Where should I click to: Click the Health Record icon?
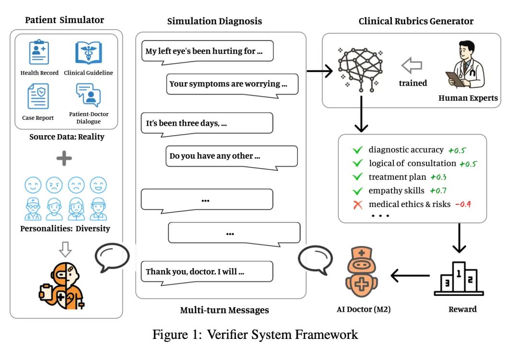click(x=39, y=53)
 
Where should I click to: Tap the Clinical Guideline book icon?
click(x=88, y=53)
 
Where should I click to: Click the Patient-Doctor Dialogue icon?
click(x=88, y=95)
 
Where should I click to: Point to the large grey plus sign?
click(x=64, y=158)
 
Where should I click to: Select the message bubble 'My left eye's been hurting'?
click(x=207, y=51)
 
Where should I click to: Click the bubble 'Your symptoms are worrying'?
click(x=232, y=83)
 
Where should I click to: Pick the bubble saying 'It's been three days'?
click(x=207, y=123)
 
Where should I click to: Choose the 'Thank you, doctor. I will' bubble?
click(x=207, y=271)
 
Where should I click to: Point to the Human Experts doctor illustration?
click(x=465, y=65)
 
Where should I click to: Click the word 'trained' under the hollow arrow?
click(x=413, y=83)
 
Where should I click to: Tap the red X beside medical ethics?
click(x=357, y=205)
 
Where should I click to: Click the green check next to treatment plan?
click(x=357, y=177)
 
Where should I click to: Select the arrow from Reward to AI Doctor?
click(x=410, y=276)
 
